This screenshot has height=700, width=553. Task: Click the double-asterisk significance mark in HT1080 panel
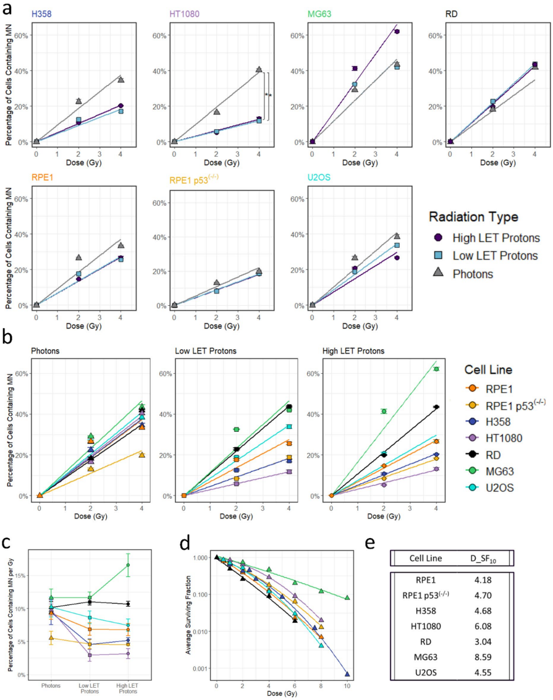269,95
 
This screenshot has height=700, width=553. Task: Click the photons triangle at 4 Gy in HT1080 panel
259,69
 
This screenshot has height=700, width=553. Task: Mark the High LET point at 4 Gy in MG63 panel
397,32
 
